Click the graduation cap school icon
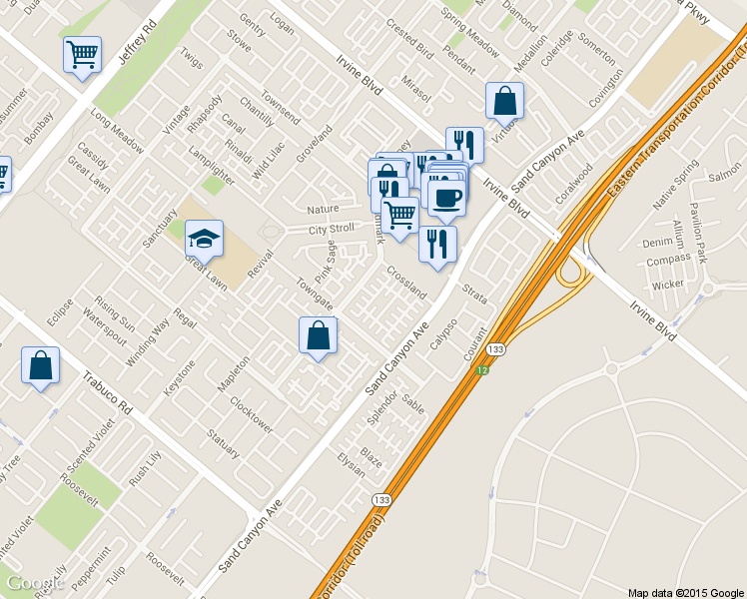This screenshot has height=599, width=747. [205, 239]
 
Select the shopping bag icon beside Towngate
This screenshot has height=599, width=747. [318, 336]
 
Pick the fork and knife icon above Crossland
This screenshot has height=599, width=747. [437, 244]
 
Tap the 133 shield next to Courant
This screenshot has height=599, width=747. [495, 350]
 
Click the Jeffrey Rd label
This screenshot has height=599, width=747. [138, 42]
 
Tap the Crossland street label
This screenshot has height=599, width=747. [406, 283]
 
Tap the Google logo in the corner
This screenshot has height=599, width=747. [34, 583]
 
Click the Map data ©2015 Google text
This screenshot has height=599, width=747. [686, 592]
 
